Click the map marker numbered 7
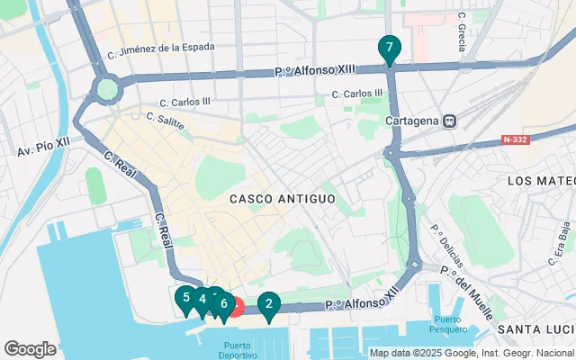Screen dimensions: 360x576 pos(389,48)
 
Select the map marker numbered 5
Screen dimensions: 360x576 pos(185,298)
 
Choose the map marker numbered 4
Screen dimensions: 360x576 pos(202,300)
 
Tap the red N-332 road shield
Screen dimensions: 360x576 pos(515,140)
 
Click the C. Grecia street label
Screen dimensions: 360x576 pos(461,31)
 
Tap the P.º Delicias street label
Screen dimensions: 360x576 pos(447,247)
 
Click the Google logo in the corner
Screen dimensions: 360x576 pos(30,349)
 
